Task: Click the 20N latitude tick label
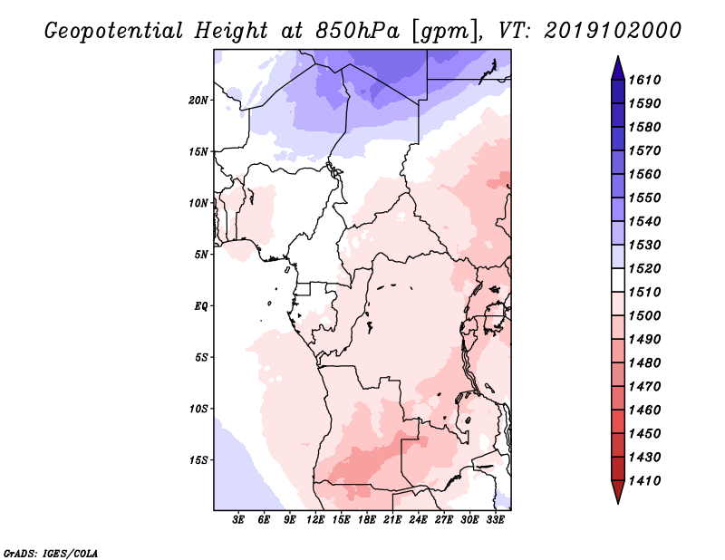198,101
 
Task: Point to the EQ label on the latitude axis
201,306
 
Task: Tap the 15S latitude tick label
198,460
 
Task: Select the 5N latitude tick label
201,255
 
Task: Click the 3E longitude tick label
238,520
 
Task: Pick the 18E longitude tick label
367,520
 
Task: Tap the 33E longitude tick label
495,520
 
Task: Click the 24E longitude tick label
418,520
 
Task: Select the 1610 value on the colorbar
644,80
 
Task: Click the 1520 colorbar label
644,268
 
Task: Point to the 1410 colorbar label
644,481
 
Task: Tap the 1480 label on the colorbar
644,363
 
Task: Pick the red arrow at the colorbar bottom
618,490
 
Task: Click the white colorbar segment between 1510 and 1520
618,280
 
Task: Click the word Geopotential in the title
114,31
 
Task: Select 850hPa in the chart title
357,31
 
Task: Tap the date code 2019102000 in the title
613,31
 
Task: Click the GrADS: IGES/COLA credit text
51,553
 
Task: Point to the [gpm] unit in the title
445,32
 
